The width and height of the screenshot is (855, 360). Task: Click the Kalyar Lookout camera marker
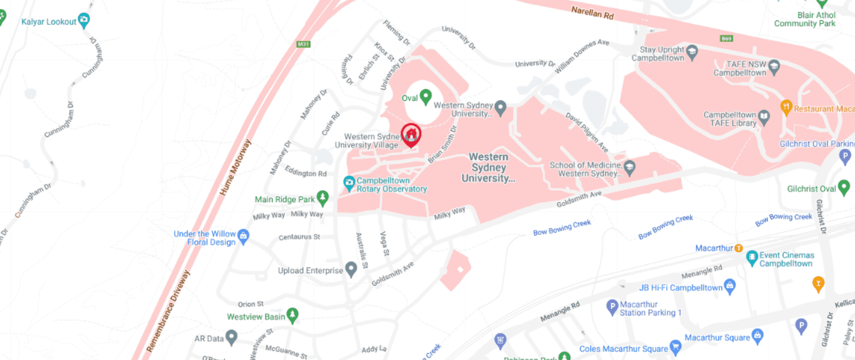click(x=84, y=20)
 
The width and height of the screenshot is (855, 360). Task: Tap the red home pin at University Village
click(x=411, y=134)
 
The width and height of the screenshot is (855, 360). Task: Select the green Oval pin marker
click(x=425, y=96)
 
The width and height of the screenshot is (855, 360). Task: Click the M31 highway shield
click(x=304, y=44)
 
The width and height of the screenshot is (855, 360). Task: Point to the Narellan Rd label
click(x=592, y=12)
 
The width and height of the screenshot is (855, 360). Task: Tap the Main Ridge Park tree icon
click(x=323, y=198)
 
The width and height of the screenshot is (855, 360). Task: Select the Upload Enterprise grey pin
click(x=351, y=269)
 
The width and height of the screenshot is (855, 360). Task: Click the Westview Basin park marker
click(x=292, y=315)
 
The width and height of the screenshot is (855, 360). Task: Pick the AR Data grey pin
click(x=231, y=337)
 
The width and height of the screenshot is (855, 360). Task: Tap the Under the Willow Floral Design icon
click(x=243, y=236)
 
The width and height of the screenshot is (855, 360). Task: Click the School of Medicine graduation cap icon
click(x=630, y=167)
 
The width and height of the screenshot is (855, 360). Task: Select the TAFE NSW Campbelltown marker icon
click(x=774, y=67)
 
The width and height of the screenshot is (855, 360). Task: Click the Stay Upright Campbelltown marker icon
click(x=692, y=52)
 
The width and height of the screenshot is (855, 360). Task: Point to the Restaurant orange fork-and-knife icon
click(x=786, y=107)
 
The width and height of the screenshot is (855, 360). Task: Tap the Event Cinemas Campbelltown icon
click(x=752, y=257)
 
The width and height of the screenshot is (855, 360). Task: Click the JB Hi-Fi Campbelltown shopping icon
click(x=730, y=286)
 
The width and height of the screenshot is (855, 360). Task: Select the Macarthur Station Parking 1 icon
click(x=612, y=307)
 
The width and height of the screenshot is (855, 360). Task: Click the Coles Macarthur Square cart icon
click(x=675, y=346)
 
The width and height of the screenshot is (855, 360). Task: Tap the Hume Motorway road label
click(x=235, y=167)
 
